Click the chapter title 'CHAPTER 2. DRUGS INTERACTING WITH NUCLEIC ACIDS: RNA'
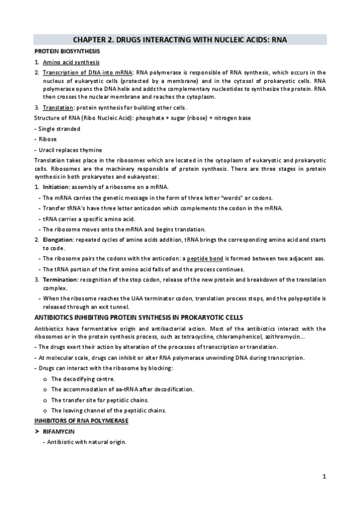pos(180,40)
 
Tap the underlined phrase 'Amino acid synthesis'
pos(71,63)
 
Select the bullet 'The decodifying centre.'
pos(83,378)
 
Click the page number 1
pos(324,478)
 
